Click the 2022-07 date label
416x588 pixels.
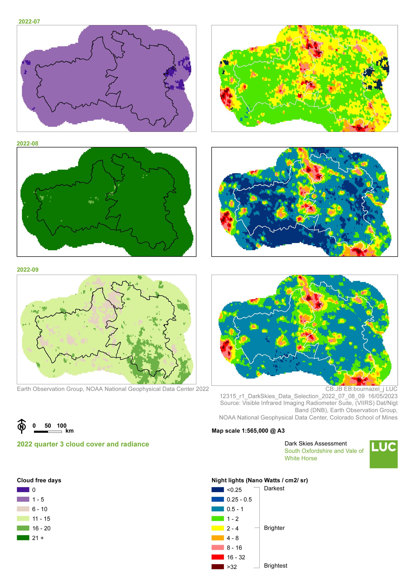(29, 22)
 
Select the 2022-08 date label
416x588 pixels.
(27, 144)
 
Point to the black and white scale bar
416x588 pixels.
(48, 432)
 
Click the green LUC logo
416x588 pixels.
(383, 454)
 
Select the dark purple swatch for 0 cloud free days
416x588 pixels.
(23, 490)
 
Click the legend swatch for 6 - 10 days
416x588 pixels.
(23, 509)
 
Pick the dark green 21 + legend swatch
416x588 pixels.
(23, 538)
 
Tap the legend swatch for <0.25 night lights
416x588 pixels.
(217, 490)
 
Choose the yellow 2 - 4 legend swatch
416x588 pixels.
(217, 528)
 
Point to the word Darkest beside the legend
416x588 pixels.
(274, 488)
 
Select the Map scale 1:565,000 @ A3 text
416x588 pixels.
(248, 431)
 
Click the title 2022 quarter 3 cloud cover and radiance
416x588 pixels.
(83, 444)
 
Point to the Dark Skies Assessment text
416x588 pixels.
(315, 444)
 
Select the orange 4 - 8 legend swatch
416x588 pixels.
(217, 538)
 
